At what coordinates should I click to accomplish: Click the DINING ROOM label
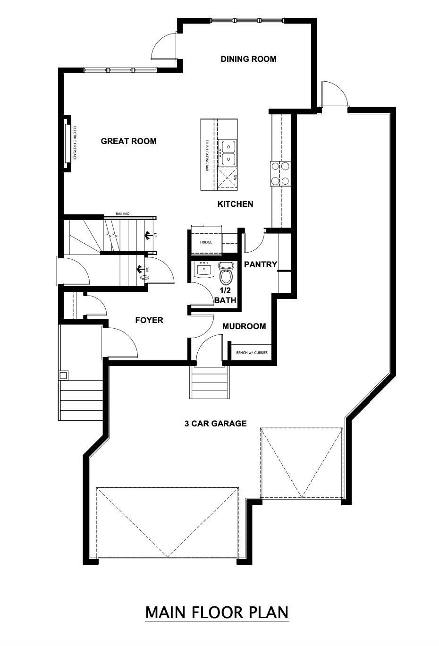pyautogui.click(x=248, y=59)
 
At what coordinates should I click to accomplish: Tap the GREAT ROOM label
pyautogui.click(x=128, y=141)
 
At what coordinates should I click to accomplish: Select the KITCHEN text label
pyautogui.click(x=235, y=204)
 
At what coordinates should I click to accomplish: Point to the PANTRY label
pyautogui.click(x=260, y=264)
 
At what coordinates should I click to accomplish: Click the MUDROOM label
pyautogui.click(x=244, y=326)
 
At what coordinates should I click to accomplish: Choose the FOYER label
pyautogui.click(x=149, y=320)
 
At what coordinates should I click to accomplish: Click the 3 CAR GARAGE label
pyautogui.click(x=215, y=424)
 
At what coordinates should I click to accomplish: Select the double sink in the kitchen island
pyautogui.click(x=228, y=153)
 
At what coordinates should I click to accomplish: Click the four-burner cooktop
pyautogui.click(x=280, y=173)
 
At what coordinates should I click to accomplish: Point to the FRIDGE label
pyautogui.click(x=205, y=242)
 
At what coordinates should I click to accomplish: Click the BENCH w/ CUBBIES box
pyautogui.click(x=251, y=352)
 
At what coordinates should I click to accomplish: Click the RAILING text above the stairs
pyautogui.click(x=122, y=214)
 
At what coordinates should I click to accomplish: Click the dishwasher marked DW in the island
pyautogui.click(x=229, y=178)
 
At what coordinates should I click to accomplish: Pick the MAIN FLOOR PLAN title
pyautogui.click(x=217, y=612)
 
